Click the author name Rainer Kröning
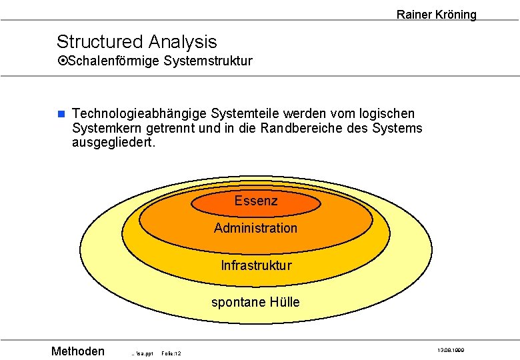point(436,14)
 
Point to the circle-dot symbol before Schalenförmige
point(62,61)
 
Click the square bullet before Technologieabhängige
point(60,114)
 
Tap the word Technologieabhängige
point(139,114)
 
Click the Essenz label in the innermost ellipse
point(256,201)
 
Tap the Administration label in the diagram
point(256,228)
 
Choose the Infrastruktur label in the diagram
point(256,265)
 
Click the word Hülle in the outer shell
point(285,302)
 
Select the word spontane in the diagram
point(238,302)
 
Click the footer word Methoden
point(78,351)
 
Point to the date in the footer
point(451,350)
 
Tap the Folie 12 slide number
point(172,353)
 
